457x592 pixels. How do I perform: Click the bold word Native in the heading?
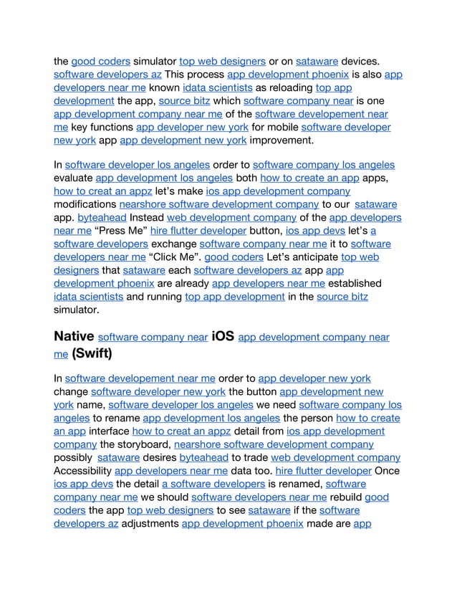[73, 335]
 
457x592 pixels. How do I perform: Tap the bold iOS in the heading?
[222, 335]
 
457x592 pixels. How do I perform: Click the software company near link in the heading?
[153, 337]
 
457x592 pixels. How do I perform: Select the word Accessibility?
[82, 471]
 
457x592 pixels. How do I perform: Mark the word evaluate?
[73, 177]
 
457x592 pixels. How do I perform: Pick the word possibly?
[73, 457]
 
